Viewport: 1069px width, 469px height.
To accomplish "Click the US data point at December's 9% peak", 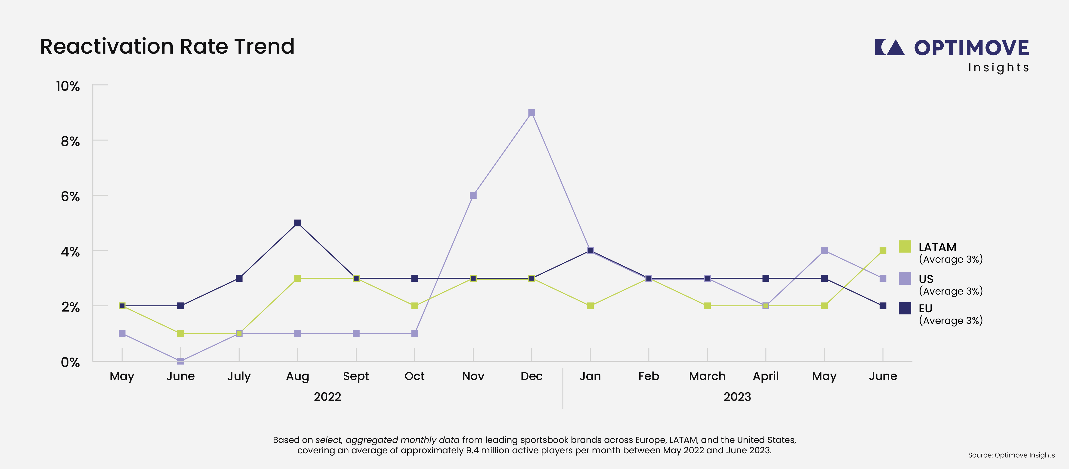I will (x=531, y=112).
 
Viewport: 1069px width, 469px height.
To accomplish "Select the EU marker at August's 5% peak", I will (x=297, y=223).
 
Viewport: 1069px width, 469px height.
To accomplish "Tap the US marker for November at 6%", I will (x=473, y=195).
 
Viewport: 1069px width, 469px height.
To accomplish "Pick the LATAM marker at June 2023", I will (x=883, y=250).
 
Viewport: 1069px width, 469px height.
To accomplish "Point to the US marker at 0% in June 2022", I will (x=181, y=361).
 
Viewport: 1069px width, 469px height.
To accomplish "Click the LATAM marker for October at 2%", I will (x=414, y=306).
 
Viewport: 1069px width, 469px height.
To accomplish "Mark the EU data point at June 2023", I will (x=883, y=306).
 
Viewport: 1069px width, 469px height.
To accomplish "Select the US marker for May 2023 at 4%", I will (x=824, y=250).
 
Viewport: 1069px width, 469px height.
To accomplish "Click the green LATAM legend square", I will (x=905, y=246).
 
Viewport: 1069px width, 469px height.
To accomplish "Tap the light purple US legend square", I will (x=905, y=278).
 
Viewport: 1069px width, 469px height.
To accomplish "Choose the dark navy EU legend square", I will (x=905, y=308).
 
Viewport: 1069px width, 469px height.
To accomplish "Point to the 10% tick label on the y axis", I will (x=68, y=86).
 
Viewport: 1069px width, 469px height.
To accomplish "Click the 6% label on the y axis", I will (x=70, y=197).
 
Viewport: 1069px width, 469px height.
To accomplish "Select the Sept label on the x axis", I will (x=356, y=376).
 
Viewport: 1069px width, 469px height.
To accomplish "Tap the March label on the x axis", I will (x=707, y=376).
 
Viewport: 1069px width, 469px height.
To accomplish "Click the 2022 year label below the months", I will (x=327, y=397).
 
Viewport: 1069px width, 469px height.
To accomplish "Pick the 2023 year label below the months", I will (x=737, y=397).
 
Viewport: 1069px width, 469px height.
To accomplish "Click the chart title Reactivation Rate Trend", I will (x=167, y=46).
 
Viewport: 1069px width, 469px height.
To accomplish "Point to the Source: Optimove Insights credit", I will (x=1011, y=455).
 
